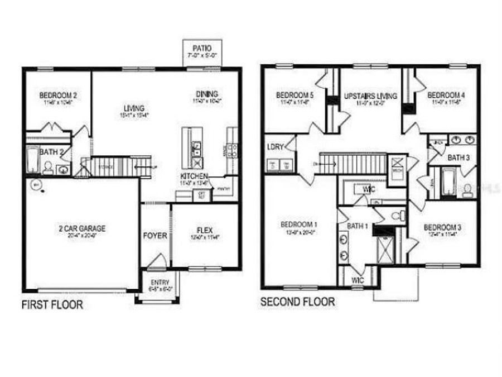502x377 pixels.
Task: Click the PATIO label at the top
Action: coord(201,48)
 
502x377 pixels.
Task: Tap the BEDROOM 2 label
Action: coord(58,96)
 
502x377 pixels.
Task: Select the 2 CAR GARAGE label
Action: coord(82,228)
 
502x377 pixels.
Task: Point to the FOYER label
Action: coord(155,236)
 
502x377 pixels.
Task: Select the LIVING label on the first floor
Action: coord(134,108)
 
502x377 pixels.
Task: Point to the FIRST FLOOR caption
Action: coord(52,305)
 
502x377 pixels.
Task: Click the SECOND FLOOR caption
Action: coord(298,302)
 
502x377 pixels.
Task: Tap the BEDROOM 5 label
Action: coord(295,96)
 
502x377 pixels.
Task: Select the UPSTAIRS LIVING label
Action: coord(370,96)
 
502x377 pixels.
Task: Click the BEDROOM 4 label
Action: coord(446,96)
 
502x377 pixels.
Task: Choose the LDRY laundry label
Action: coord(276,147)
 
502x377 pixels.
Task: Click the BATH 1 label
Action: coord(357,226)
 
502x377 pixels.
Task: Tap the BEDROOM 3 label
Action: coord(442,227)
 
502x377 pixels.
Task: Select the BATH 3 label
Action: coord(459,158)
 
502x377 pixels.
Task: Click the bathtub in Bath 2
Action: coord(32,161)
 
